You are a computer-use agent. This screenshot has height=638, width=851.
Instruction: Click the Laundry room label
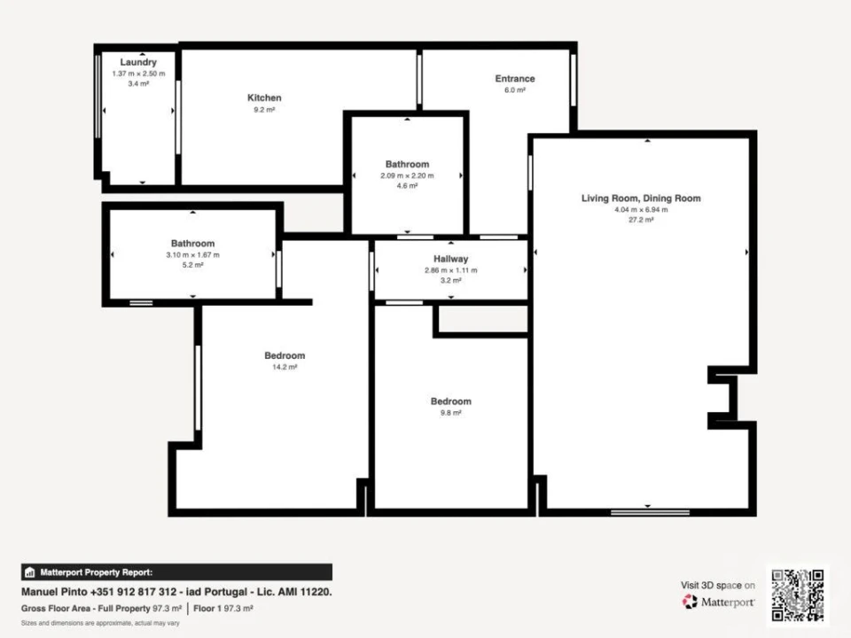pyautogui.click(x=138, y=62)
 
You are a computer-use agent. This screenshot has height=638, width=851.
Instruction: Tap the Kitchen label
pyautogui.click(x=264, y=97)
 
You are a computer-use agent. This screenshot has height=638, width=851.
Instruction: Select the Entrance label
pyautogui.click(x=514, y=79)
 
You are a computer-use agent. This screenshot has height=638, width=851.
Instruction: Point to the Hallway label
pyautogui.click(x=451, y=259)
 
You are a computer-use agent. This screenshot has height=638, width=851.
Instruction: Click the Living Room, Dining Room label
pyautogui.click(x=640, y=198)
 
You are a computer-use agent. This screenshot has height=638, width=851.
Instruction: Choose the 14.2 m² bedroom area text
pyautogui.click(x=285, y=367)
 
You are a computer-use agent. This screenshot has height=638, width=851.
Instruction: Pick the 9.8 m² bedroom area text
pyautogui.click(x=450, y=412)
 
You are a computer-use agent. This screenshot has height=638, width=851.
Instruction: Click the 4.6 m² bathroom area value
pyautogui.click(x=407, y=186)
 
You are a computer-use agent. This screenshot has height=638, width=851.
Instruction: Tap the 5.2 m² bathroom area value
pyautogui.click(x=192, y=265)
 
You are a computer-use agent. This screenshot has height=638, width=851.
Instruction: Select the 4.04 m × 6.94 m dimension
pyautogui.click(x=640, y=210)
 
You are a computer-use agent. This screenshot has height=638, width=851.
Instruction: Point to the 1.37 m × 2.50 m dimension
pyautogui.click(x=138, y=74)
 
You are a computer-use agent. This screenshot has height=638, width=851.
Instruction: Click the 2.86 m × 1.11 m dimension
pyautogui.click(x=451, y=270)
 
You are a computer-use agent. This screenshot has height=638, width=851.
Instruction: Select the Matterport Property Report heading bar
pyautogui.click(x=176, y=572)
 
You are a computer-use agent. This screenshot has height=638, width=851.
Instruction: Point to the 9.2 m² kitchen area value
pyautogui.click(x=264, y=109)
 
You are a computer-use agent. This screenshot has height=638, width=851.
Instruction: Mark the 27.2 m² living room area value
pyautogui.click(x=640, y=220)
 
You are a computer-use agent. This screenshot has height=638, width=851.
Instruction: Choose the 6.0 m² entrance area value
pyautogui.click(x=514, y=90)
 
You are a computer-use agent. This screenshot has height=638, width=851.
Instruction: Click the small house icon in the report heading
pyautogui.click(x=29, y=572)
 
